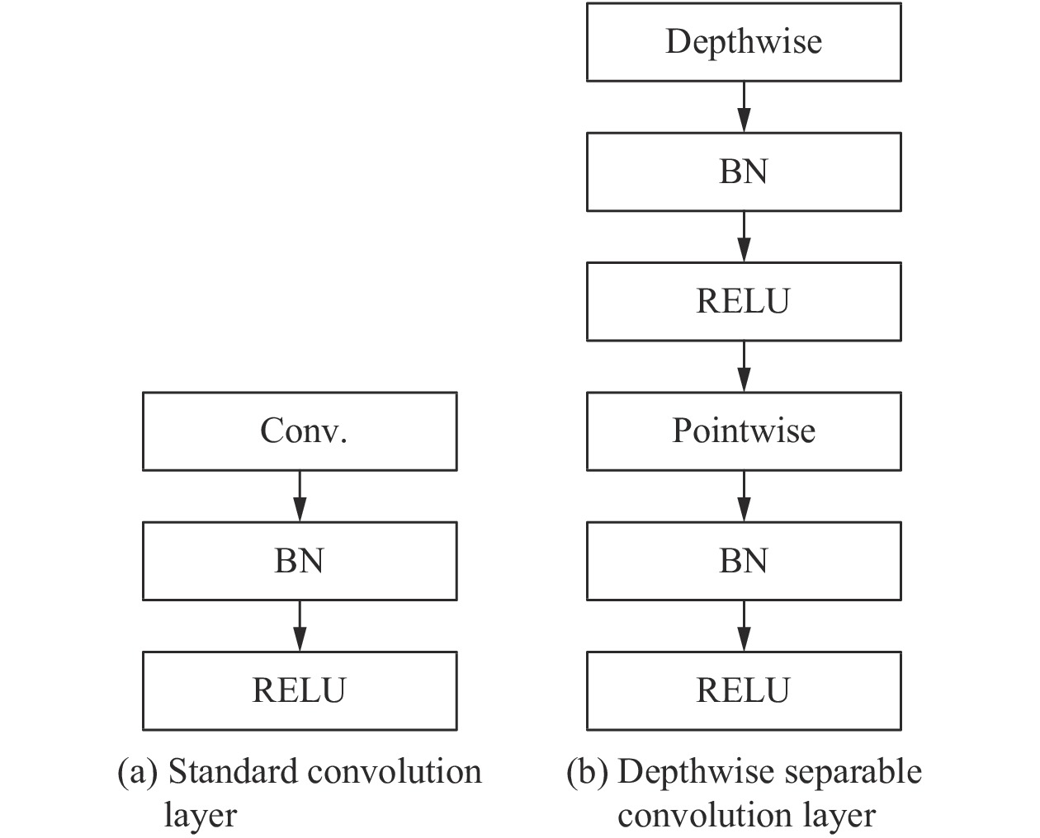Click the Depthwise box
[743, 42]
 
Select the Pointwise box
[743, 431]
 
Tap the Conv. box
[300, 431]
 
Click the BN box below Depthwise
[743, 172]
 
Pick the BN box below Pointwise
[743, 561]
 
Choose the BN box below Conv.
[300, 561]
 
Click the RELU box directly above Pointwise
[743, 301]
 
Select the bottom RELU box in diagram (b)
[743, 690]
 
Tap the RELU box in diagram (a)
[300, 690]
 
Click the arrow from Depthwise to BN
[744, 107]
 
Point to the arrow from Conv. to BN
[300, 496]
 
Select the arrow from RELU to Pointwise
[744, 366]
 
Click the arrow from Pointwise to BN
[744, 496]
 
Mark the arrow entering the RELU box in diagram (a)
[300, 625]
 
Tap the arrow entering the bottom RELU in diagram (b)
[744, 625]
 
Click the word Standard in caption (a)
[234, 773]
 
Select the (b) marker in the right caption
[587, 773]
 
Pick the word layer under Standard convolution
[200, 816]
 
